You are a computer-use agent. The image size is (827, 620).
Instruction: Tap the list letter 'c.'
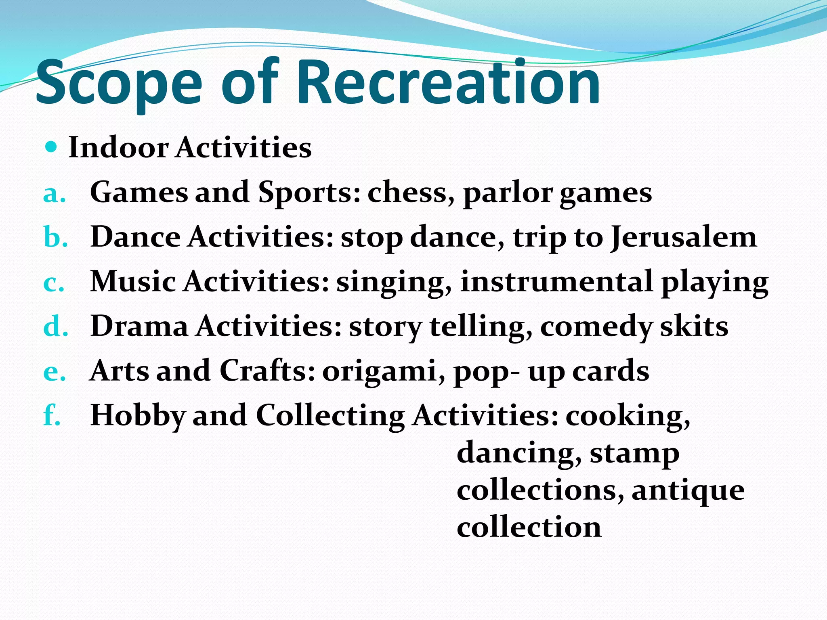point(54,283)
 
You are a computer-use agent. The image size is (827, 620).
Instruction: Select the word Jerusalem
point(683,237)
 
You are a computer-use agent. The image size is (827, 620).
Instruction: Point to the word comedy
point(595,327)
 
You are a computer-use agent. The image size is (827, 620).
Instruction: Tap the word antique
point(688,491)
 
